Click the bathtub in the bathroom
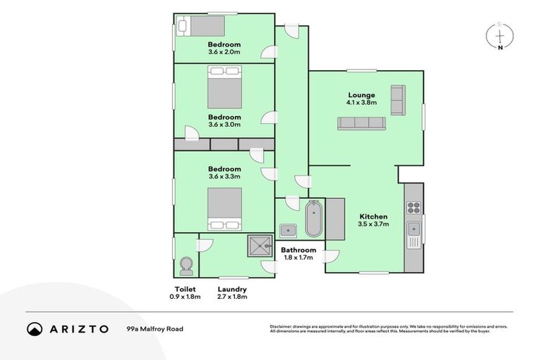pyautogui.click(x=314, y=219)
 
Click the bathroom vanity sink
pyautogui.click(x=288, y=229)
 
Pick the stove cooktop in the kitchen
pyautogui.click(x=414, y=207)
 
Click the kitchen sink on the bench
pyautogui.click(x=415, y=229)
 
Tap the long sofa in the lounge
pyautogui.click(x=361, y=123)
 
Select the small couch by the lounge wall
pyautogui.click(x=398, y=100)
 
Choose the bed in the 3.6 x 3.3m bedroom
pyautogui.click(x=224, y=209)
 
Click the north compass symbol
pyautogui.click(x=500, y=36)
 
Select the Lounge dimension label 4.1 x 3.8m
pyautogui.click(x=361, y=103)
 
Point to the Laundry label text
pyautogui.click(x=232, y=289)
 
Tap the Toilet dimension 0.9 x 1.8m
pyautogui.click(x=185, y=297)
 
